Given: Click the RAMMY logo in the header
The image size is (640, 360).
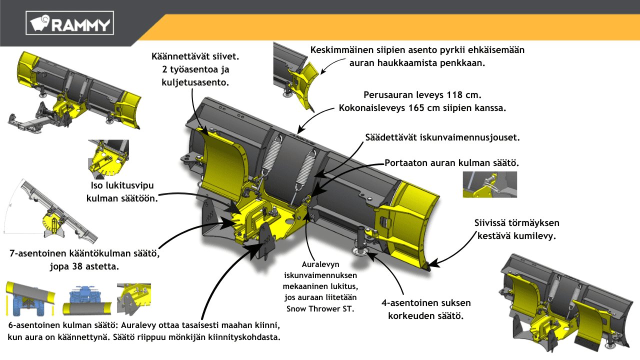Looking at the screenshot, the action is pos(69,23).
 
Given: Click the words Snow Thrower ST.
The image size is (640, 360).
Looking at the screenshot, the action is pos(320,309).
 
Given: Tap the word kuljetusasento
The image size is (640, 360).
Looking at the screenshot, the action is pos(195,82).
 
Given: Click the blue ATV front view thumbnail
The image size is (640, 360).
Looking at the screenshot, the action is pos(87,300).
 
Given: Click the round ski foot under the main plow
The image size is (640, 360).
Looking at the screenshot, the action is pos(361,251).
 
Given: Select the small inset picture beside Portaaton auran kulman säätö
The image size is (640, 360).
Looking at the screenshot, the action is pos(489,184).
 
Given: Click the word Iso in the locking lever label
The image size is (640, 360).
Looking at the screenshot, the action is pos(97,185).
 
